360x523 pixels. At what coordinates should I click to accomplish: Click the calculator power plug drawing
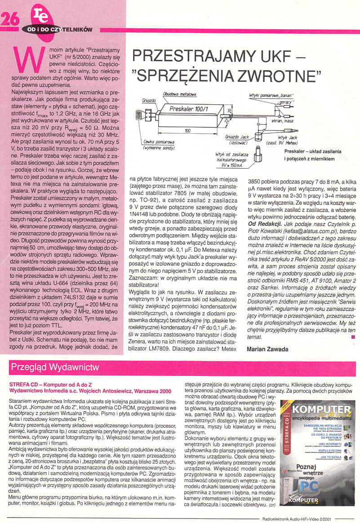click(258, 156)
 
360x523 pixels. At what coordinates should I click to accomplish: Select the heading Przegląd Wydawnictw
click(54, 367)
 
